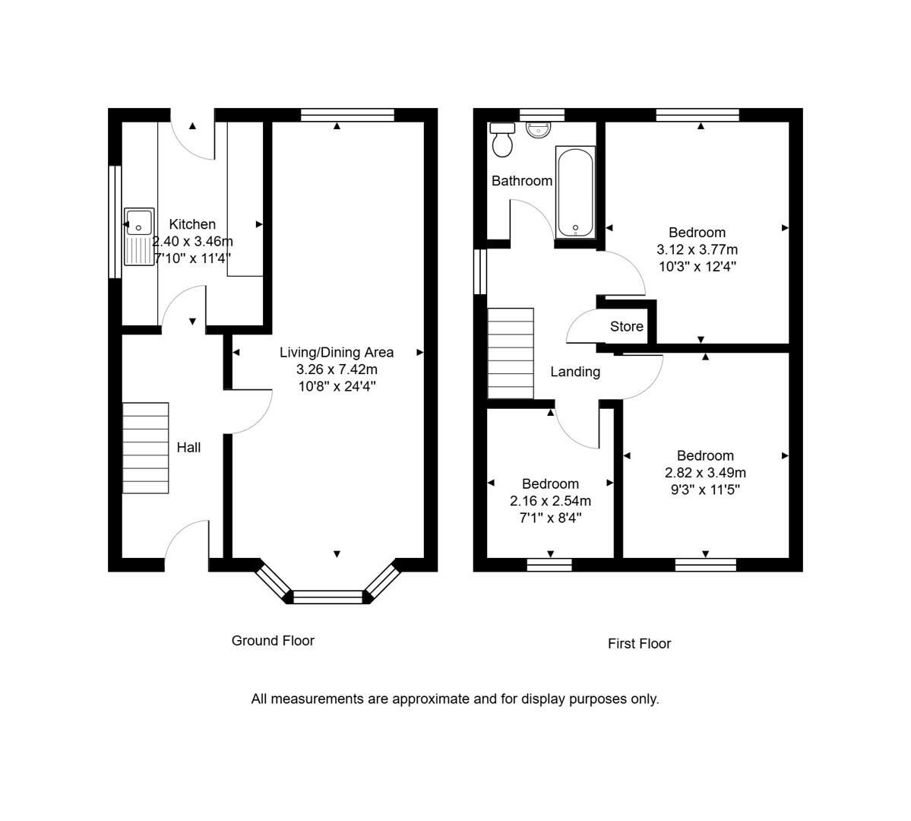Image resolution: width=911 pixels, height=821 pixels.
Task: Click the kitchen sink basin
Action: pos(140,222)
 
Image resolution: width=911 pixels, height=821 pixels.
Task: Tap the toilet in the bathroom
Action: pos(502,140)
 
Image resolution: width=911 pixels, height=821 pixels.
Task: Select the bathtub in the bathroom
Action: pos(575,192)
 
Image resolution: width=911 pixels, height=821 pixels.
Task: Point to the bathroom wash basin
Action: pos(539,130)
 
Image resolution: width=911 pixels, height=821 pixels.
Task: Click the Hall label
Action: pos(189,447)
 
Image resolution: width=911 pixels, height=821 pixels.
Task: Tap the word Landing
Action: pos(575,372)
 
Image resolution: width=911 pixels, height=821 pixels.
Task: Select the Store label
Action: pos(626,326)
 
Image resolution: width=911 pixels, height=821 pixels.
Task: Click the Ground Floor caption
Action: pos(273,640)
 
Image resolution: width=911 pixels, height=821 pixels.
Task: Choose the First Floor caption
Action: pos(639,643)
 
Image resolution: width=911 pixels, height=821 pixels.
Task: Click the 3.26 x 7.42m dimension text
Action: pos(337,369)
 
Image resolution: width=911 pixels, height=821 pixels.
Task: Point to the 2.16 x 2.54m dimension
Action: pos(550,501)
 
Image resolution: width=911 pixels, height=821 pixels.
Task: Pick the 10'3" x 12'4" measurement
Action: pos(697,266)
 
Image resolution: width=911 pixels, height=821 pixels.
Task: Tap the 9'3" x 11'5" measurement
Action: pos(705,490)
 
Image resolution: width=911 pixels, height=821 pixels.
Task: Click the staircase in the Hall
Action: pos(145,448)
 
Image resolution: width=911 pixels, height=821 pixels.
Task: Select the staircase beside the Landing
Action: pos(510,353)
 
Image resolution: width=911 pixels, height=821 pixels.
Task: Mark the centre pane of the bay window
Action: pos(327,597)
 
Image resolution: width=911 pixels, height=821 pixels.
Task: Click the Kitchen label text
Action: pos(192,223)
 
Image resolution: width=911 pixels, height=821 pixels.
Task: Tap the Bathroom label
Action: pos(522,181)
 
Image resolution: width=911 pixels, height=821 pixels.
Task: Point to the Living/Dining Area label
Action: pos(337,352)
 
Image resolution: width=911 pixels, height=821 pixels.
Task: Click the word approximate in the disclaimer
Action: pos(430,699)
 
